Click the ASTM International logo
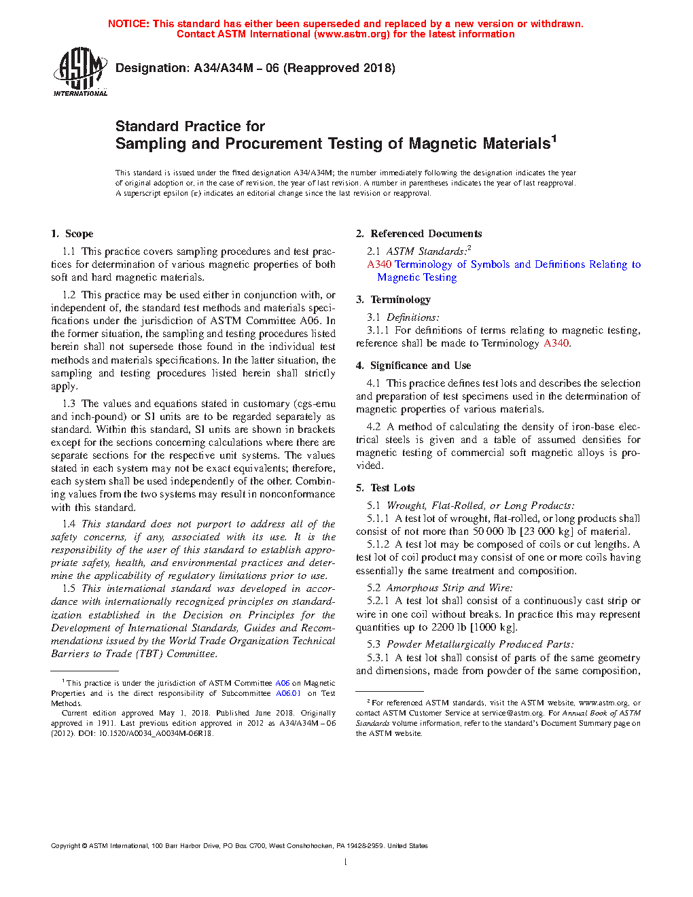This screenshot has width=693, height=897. point(80,71)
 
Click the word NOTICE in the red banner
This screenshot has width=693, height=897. point(128,24)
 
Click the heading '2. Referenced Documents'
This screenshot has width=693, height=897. point(419,234)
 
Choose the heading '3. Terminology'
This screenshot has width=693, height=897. point(393,300)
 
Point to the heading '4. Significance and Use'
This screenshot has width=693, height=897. point(413,366)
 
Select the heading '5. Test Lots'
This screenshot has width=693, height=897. point(385,488)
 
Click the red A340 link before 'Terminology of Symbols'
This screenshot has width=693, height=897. point(379,264)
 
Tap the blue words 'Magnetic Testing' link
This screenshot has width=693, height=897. point(417,277)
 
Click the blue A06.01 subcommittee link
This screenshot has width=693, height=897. point(288,693)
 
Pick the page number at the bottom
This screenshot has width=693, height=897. point(346,862)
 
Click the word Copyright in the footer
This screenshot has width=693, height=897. point(65,846)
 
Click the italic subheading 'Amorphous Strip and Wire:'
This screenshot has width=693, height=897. point(449,588)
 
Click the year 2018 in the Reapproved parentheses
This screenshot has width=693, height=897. point(378,68)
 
